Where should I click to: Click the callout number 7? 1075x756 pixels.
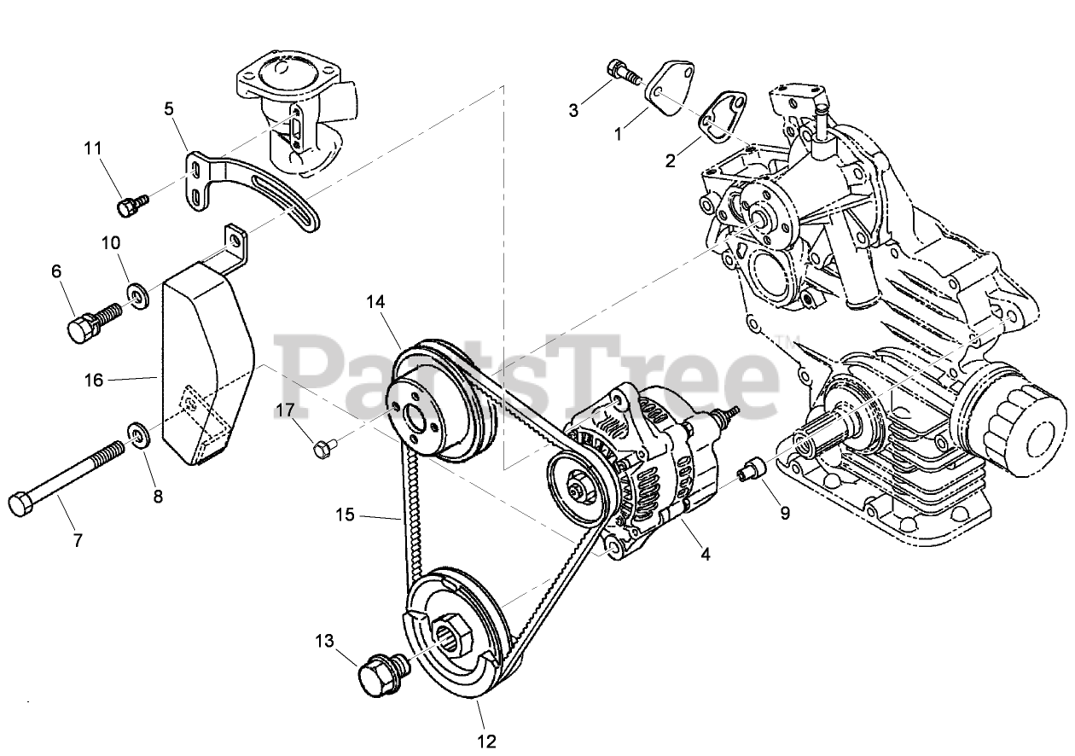[77, 540]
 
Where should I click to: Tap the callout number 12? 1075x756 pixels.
[486, 741]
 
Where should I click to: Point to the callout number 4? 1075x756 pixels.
[705, 553]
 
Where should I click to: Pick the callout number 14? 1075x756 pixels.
[376, 301]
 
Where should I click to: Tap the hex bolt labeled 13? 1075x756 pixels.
[375, 673]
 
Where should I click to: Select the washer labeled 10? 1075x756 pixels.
[136, 296]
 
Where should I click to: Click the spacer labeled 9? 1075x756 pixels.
[751, 468]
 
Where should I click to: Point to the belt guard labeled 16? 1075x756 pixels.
[205, 358]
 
